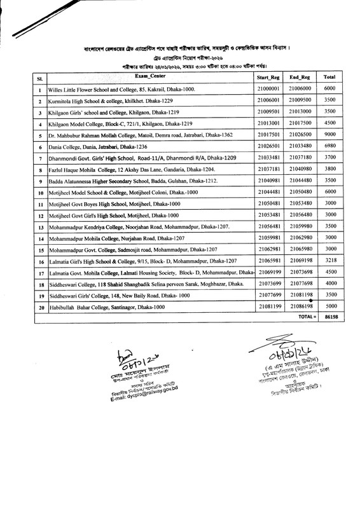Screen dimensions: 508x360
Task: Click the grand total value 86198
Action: (x=329, y=315)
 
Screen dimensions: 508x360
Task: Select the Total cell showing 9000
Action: (x=329, y=135)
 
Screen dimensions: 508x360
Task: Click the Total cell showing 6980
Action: (x=329, y=147)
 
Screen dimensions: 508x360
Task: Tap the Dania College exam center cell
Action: (x=99, y=148)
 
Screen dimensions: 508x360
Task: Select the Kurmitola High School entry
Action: (x=107, y=102)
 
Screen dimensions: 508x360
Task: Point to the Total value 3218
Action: (x=329, y=261)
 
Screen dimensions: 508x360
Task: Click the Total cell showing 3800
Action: (x=329, y=170)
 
